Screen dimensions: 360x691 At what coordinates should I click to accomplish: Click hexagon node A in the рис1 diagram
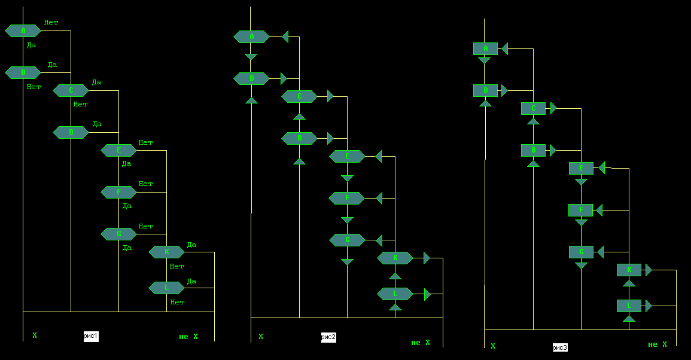point(23,30)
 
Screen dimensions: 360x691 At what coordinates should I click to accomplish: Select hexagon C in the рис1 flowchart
point(71,90)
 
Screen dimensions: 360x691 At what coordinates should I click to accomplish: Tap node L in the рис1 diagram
point(166,288)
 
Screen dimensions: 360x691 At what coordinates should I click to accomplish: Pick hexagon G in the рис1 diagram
point(118,234)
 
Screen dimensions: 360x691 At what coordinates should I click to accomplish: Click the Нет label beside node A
point(51,23)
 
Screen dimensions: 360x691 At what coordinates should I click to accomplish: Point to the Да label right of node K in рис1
point(191,245)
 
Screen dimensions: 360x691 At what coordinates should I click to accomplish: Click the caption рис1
point(91,337)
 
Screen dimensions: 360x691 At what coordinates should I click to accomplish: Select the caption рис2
point(328,337)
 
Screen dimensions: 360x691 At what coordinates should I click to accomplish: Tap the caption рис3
point(560,347)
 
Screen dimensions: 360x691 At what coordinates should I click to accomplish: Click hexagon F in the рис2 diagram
point(347,198)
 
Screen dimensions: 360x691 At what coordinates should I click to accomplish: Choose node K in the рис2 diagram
point(395,258)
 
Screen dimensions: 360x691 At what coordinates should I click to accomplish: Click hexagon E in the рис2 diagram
point(347,156)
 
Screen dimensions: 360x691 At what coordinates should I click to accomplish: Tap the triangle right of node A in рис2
point(285,36)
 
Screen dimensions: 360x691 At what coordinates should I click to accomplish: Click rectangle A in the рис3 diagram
point(485,48)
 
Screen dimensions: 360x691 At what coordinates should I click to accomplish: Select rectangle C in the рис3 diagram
point(533,108)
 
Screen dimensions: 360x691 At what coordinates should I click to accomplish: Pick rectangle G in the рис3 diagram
point(581,252)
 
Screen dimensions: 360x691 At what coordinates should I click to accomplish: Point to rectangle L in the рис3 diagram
point(629,306)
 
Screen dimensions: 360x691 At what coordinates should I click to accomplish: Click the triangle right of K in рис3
point(649,270)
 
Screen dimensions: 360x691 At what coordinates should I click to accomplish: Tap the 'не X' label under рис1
point(188,337)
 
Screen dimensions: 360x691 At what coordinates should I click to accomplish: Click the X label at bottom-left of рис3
point(493,346)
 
